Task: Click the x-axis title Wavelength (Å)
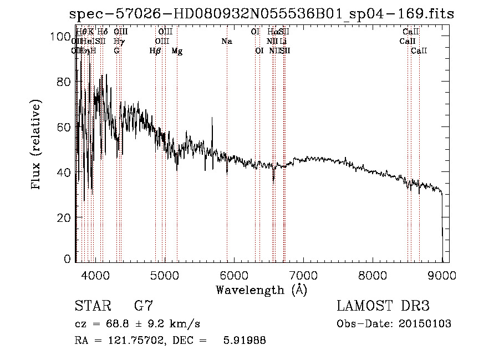click(261, 290)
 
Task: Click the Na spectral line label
click(226, 42)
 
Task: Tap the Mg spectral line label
click(177, 51)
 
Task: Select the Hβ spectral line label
click(155, 51)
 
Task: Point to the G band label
click(116, 51)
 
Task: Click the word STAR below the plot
click(91, 306)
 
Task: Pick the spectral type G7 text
click(143, 306)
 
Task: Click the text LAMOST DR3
click(383, 306)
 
